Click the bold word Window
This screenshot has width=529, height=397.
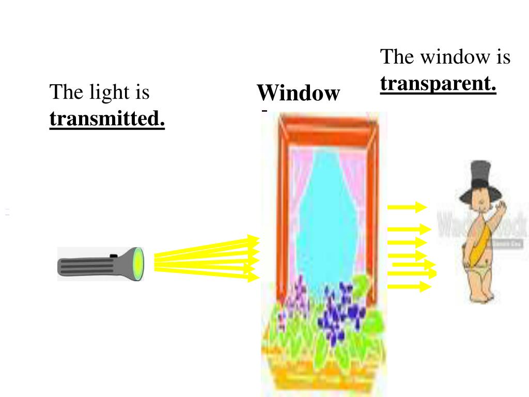coord(298,94)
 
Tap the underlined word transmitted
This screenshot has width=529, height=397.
coord(107,119)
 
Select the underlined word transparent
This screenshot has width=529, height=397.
coord(438,83)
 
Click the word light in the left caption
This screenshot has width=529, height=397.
coord(109,92)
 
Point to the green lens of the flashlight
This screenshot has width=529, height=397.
coord(138,264)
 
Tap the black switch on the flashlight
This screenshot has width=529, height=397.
coord(114,255)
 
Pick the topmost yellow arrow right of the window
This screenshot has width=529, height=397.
coord(408,207)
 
